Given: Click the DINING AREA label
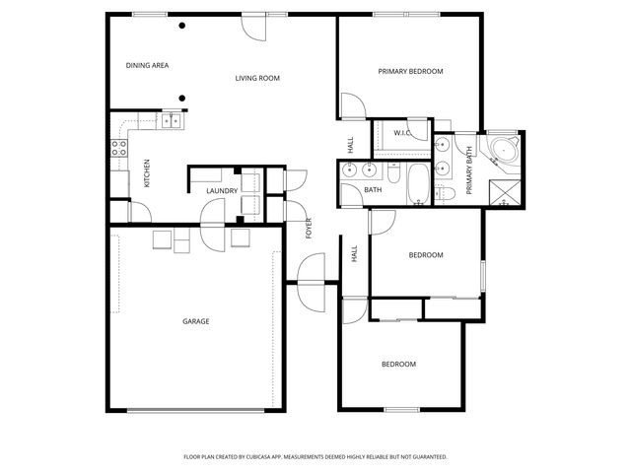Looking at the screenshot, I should point(148,66).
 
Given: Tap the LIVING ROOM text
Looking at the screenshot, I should point(257,78).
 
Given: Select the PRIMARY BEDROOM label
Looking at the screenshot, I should point(411,71).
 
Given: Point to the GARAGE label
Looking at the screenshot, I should point(195,321).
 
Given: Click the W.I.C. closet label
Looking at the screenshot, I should point(402,133).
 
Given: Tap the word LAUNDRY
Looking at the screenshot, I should point(222,191).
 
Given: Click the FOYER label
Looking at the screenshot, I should point(309,228).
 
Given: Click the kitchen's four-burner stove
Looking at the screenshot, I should point(119,149).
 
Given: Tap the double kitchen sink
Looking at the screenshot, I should point(171,121).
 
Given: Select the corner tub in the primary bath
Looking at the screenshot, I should point(506,151).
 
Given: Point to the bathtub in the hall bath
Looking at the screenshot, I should point(417,182).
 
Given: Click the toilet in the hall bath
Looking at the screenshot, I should point(392,175).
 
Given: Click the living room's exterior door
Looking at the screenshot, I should point(253,26).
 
